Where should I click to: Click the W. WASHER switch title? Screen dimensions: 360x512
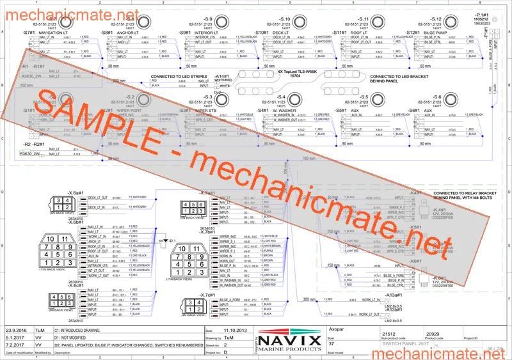284,110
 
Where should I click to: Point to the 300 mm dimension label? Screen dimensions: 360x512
310,299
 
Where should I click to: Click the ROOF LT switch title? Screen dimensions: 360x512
360,32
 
